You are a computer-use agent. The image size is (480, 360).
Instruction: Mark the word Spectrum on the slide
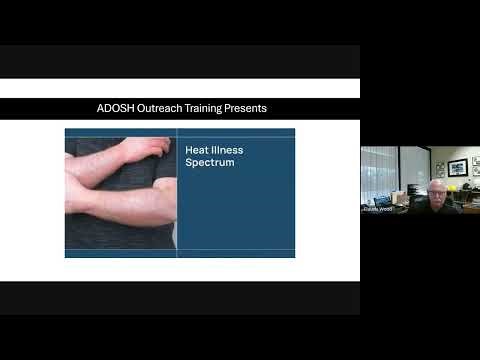(x=209, y=161)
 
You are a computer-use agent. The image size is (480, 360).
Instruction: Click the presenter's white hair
(x=437, y=182)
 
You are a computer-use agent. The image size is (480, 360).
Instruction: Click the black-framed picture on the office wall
(x=457, y=166)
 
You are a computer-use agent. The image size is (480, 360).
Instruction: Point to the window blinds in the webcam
(x=378, y=170)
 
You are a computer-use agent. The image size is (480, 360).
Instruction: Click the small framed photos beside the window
(x=439, y=168)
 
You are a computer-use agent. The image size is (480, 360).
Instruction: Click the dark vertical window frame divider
(x=400, y=170)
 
